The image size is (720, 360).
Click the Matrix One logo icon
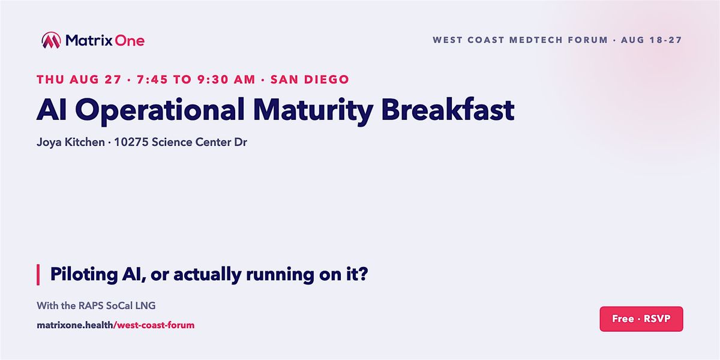tap(51, 40)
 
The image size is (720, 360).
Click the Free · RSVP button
tap(641, 319)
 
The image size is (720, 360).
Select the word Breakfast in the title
tap(448, 110)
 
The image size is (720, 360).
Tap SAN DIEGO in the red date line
tap(310, 79)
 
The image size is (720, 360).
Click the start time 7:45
tap(152, 79)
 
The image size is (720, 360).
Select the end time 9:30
tap(212, 79)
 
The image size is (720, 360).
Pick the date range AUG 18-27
tap(651, 40)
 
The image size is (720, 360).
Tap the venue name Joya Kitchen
tap(71, 142)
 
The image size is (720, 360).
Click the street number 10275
tap(131, 142)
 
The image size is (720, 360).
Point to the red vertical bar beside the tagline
tap(38, 275)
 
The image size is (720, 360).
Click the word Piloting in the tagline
tap(84, 275)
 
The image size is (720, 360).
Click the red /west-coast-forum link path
tap(154, 325)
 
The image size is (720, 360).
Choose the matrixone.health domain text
tap(75, 325)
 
